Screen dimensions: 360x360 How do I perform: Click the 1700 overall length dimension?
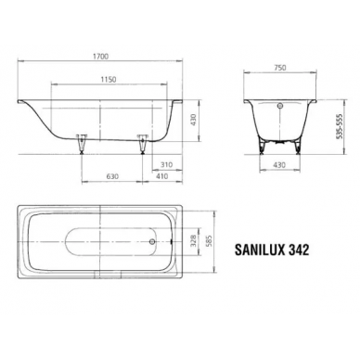(x=100, y=57)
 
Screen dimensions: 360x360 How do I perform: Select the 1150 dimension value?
(x=109, y=80)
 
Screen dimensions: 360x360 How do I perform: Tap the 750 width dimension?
(x=280, y=68)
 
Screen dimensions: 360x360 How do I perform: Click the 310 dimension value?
(x=166, y=165)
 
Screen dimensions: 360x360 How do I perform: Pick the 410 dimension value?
(x=162, y=176)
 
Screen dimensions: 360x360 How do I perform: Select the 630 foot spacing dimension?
(x=112, y=176)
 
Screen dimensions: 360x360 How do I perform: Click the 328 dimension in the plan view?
(x=194, y=241)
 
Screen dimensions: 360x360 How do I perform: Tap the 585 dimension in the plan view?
(x=209, y=241)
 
